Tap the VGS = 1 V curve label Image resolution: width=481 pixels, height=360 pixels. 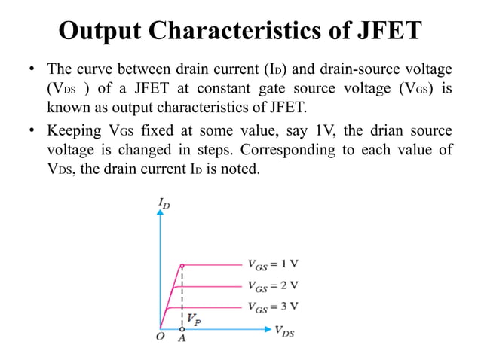pyautogui.click(x=272, y=264)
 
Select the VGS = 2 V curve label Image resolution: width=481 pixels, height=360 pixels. pyautogui.click(x=272, y=285)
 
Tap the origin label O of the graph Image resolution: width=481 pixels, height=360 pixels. pyautogui.click(x=160, y=337)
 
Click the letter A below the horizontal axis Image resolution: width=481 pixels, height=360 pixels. pyautogui.click(x=182, y=339)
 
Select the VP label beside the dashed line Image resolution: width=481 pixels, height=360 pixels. pyautogui.click(x=193, y=319)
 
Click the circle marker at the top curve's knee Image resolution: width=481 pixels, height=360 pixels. pyautogui.click(x=182, y=265)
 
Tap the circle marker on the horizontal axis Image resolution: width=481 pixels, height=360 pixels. pyautogui.click(x=182, y=329)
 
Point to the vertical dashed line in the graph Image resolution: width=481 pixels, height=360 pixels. pyautogui.click(x=182, y=297)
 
